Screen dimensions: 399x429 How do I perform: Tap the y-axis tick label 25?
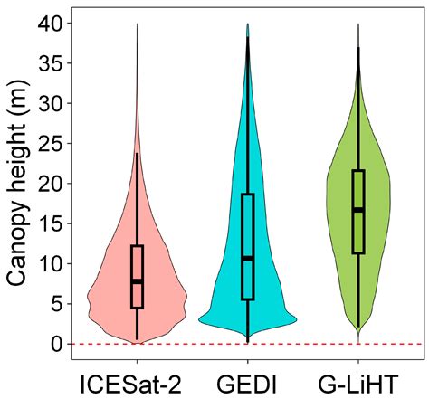[52, 144]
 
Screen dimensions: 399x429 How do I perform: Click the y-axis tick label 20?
[52, 184]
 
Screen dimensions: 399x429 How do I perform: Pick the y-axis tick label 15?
[52, 224]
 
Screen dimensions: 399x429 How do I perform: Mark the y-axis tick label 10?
[52, 264]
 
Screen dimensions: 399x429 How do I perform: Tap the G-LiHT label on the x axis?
[358, 378]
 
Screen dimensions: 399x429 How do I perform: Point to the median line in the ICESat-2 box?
[137, 281]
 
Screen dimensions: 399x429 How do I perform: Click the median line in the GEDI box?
[248, 259]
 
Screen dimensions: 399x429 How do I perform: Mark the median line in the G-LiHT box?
[358, 210]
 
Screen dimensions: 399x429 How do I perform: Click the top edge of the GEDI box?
[248, 194]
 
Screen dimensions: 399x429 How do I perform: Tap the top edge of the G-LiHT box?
[358, 170]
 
